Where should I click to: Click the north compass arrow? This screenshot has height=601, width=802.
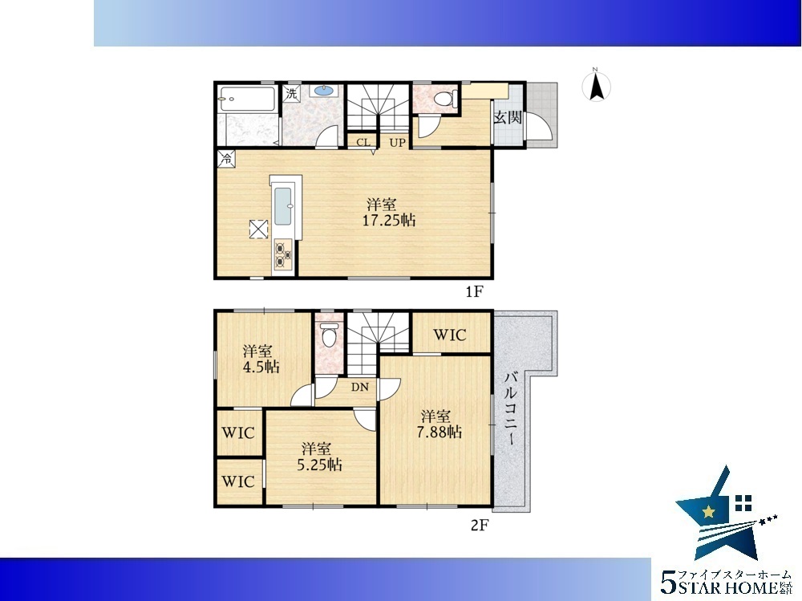click(596, 88)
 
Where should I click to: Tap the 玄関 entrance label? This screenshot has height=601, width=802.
click(508, 118)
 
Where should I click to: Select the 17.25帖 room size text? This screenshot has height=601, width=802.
click(389, 221)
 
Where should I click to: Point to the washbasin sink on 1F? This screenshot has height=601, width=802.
click(324, 91)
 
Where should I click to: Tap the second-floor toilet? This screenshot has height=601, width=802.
click(328, 336)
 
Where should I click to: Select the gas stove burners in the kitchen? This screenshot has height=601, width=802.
click(282, 255)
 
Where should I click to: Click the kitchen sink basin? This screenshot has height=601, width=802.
click(283, 206)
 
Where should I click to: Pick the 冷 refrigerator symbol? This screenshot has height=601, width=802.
click(225, 158)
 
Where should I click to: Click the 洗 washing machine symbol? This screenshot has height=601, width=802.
click(291, 94)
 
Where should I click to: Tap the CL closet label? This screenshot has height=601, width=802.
click(363, 142)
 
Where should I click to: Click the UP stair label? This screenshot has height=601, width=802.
click(397, 143)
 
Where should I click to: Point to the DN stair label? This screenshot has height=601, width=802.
click(360, 387)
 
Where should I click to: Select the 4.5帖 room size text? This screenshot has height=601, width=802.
click(261, 367)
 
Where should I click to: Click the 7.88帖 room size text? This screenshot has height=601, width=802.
click(439, 432)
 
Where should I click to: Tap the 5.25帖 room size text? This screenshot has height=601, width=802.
click(320, 465)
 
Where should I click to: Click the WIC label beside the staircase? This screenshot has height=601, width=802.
click(450, 335)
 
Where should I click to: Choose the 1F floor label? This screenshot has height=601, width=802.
click(474, 292)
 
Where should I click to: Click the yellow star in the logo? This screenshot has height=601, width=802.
click(708, 511)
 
